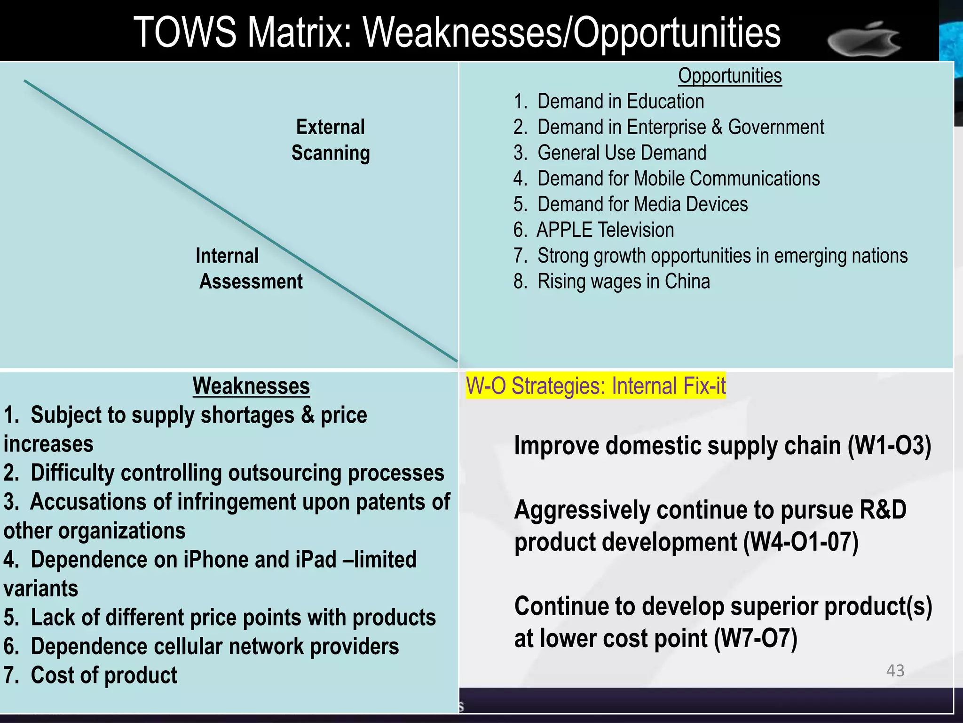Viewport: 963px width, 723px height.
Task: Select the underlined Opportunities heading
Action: [x=730, y=76]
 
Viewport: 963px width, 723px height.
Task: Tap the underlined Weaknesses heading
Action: [x=251, y=386]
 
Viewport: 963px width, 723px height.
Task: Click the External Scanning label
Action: [x=331, y=140]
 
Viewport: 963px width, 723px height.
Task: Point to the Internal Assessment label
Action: [x=249, y=269]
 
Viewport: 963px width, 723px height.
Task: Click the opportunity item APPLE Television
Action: [x=605, y=230]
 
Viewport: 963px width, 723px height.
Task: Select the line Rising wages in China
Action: [x=623, y=281]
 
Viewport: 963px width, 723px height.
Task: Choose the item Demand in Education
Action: [x=620, y=102]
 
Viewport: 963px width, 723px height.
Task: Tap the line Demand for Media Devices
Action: [x=642, y=204]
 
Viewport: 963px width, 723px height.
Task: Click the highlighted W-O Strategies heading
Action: [x=595, y=386]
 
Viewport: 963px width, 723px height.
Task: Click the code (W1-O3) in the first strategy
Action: [x=889, y=446]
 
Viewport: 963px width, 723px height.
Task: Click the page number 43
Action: [x=895, y=670]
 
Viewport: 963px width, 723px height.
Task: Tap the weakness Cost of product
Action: [x=103, y=675]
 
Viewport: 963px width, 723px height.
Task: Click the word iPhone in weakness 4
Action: [x=216, y=560]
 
